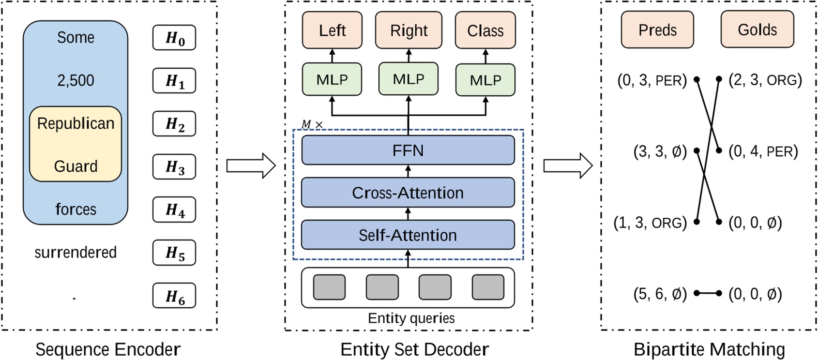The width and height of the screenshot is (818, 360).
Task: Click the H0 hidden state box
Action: (x=174, y=38)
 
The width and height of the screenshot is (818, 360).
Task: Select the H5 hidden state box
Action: (x=174, y=253)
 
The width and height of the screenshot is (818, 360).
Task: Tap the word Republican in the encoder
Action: (x=76, y=124)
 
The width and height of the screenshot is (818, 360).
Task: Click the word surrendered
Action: (x=76, y=253)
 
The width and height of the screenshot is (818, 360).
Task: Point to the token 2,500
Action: (x=76, y=80)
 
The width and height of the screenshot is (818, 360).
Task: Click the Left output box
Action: (x=332, y=30)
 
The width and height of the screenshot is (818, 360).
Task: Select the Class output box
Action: (x=485, y=31)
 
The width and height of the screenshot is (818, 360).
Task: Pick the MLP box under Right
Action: (x=409, y=79)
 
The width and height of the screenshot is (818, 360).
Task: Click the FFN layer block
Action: (x=408, y=150)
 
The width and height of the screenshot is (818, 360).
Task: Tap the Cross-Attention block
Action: (x=408, y=193)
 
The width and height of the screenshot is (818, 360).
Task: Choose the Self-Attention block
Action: (x=408, y=235)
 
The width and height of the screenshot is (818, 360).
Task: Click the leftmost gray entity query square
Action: (x=330, y=287)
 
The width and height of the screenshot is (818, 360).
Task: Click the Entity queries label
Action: (x=411, y=318)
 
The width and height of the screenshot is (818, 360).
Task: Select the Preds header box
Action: (x=657, y=30)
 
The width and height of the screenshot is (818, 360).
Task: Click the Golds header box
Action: (x=757, y=30)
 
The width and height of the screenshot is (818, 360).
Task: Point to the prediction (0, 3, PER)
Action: (x=652, y=80)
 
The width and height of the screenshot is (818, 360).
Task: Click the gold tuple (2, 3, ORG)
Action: (x=765, y=80)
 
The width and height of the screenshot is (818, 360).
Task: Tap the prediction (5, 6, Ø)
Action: (x=660, y=294)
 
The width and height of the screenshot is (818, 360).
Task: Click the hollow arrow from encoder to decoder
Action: (x=251, y=166)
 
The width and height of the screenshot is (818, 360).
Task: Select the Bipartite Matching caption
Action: (x=709, y=349)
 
